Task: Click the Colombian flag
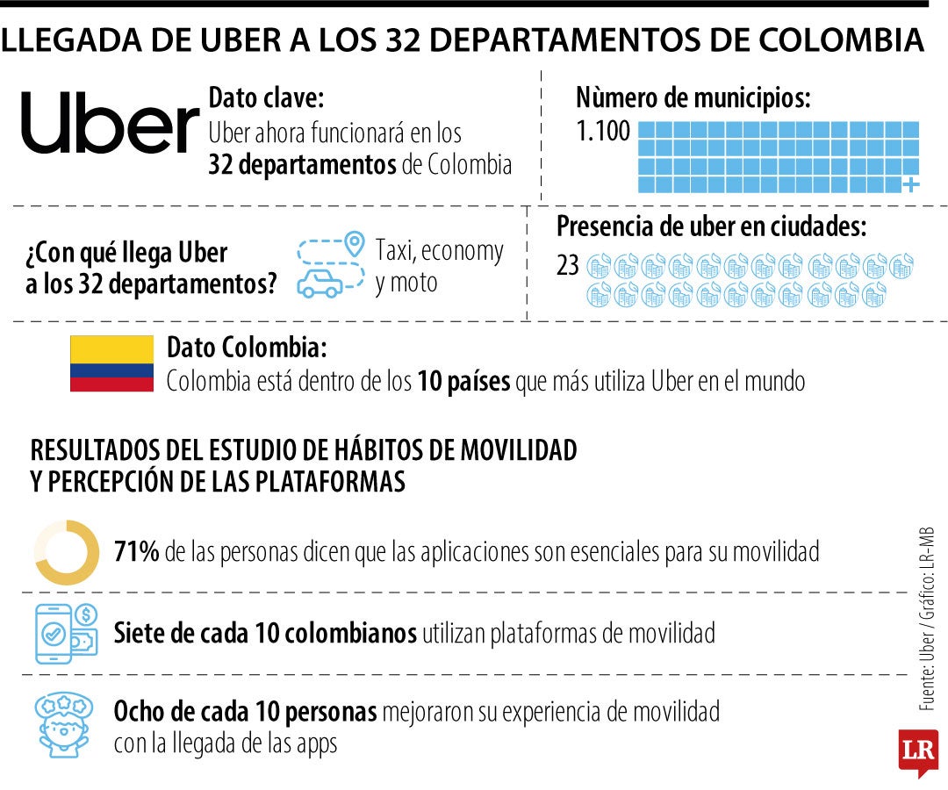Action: tap(111, 363)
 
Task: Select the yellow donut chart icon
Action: tap(67, 552)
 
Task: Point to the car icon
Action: tap(321, 284)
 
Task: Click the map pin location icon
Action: tap(354, 242)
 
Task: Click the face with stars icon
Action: tap(64, 724)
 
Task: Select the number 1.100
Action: tap(603, 132)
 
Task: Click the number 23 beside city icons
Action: tap(568, 265)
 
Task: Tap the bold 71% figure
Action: tap(136, 552)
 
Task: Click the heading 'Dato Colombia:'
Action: tap(247, 348)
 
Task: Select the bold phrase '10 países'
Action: tap(464, 382)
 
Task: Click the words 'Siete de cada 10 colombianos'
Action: tap(265, 632)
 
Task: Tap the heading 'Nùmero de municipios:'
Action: tap(693, 97)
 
